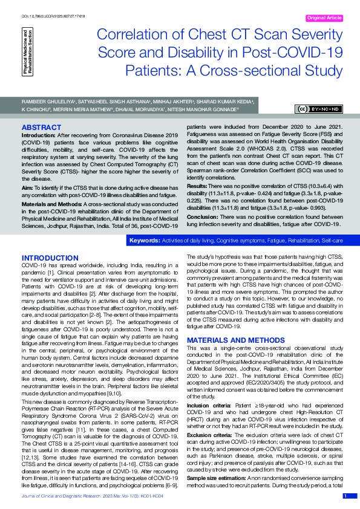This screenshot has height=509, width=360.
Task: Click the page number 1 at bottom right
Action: point(346,496)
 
